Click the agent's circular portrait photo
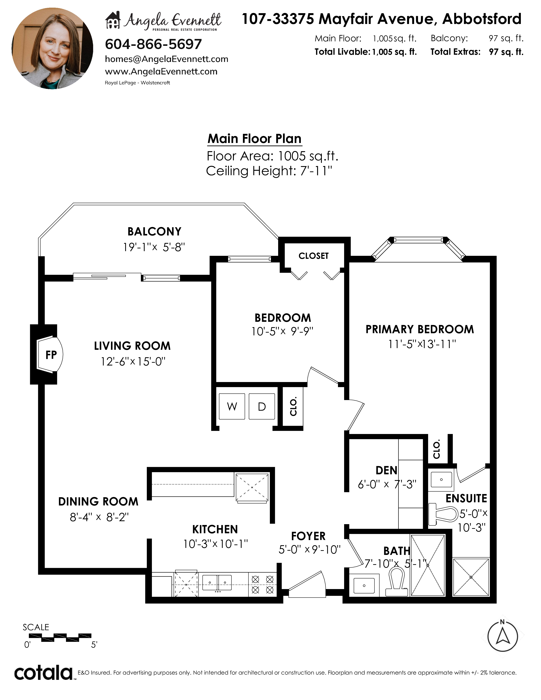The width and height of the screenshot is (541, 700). (x=52, y=48)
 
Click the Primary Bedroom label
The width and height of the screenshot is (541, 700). (x=419, y=329)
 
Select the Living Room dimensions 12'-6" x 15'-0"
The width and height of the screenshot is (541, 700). (x=133, y=361)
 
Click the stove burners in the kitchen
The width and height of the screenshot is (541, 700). (x=262, y=584)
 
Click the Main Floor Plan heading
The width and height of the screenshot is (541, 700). (x=254, y=139)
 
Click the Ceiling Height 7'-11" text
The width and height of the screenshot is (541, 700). (x=269, y=171)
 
